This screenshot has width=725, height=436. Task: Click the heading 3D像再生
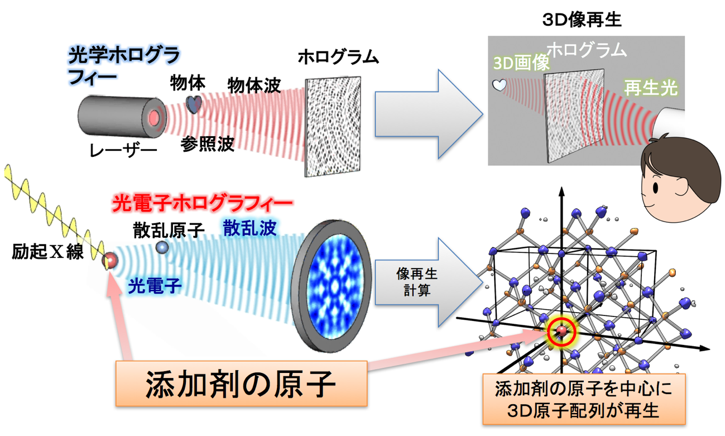tap(582, 20)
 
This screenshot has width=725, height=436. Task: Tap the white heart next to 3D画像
tap(498, 85)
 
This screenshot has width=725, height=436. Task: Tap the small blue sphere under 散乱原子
tap(162, 247)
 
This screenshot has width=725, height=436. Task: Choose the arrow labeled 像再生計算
tap(424, 284)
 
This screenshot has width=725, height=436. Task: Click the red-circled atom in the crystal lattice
tap(562, 333)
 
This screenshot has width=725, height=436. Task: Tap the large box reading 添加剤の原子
tap(241, 383)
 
